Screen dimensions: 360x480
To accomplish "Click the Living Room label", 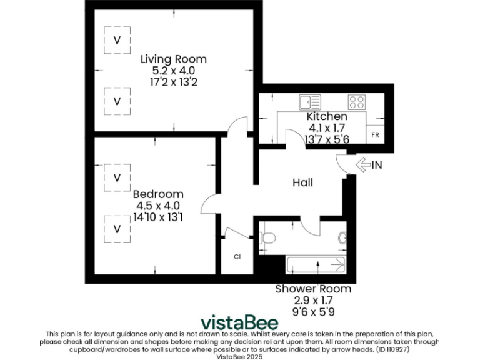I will [173, 59].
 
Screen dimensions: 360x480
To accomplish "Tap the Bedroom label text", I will [158, 194].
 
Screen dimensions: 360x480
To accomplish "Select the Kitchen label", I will [326, 117].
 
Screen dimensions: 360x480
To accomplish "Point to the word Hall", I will [303, 182].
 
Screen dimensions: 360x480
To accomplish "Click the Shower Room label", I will [313, 289].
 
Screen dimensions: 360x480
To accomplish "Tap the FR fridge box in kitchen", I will [375, 135].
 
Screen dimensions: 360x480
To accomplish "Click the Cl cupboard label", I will [237, 257].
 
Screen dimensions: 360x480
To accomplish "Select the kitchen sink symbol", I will [309, 101].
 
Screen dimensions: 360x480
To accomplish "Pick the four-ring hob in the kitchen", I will [357, 101].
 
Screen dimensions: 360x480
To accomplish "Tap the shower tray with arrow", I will [316, 266].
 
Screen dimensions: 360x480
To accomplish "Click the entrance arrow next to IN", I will [362, 165].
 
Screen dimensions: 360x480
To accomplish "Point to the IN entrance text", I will [377, 166].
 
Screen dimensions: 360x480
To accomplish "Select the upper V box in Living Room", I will [117, 40].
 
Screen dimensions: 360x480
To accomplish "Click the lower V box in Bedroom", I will [117, 229].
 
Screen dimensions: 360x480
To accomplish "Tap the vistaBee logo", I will [240, 322].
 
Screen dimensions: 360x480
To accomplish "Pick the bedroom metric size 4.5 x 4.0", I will [158, 206].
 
